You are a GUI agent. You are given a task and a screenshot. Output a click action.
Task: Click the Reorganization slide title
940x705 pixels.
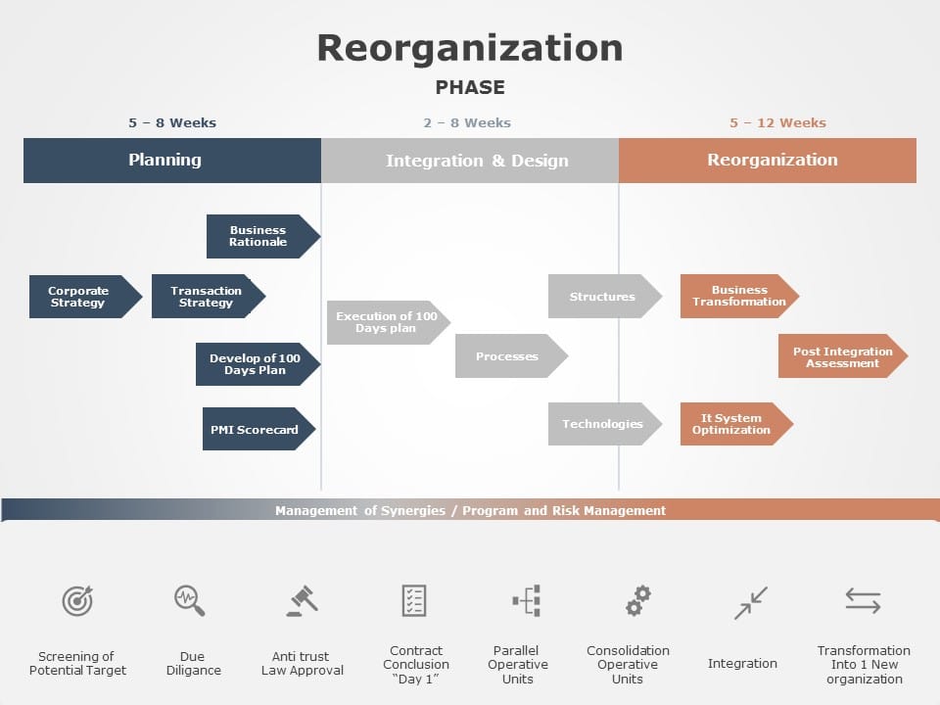point(469,48)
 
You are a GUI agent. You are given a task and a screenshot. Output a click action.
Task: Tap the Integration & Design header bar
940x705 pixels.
point(470,161)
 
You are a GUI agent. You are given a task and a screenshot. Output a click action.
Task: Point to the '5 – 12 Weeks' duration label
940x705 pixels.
point(777,122)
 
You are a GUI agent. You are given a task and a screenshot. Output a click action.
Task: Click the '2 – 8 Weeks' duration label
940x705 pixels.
point(467,122)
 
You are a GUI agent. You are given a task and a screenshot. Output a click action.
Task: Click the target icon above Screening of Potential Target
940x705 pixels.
point(77,600)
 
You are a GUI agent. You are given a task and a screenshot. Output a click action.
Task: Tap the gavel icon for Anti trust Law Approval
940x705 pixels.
point(302,600)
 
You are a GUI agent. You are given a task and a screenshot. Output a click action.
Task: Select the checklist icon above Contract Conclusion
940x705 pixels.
point(414,600)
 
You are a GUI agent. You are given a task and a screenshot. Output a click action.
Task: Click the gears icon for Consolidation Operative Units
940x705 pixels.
point(638,600)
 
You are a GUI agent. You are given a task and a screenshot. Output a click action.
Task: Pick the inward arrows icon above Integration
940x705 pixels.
point(751,602)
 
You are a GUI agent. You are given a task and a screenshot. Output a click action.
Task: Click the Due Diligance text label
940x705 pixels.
point(193,664)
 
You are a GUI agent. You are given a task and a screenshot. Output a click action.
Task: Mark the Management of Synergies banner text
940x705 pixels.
point(470,510)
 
